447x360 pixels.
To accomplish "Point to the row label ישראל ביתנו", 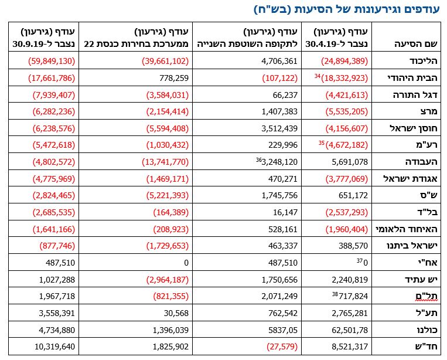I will point(411,246).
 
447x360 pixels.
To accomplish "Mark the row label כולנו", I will point(425,331).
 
